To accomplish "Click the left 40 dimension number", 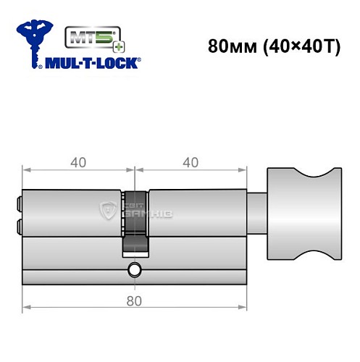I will point(78,162).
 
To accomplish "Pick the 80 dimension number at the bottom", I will point(135,300).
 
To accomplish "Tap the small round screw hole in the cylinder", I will point(135,272).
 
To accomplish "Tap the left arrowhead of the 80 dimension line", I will point(26,310).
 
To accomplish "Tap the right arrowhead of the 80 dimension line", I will point(243,310).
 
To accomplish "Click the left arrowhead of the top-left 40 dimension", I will point(26,172).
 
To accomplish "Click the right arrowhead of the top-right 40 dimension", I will point(243,172).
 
